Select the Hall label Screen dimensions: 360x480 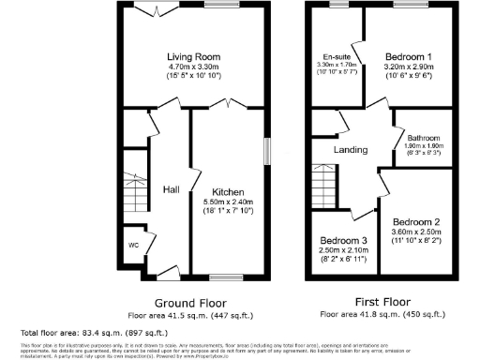[x=172, y=190]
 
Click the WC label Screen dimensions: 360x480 [x=134, y=247]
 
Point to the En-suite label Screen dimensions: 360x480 [x=336, y=56]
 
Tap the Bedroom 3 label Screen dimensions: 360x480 [x=342, y=240]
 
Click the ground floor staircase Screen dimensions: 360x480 [x=137, y=193]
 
